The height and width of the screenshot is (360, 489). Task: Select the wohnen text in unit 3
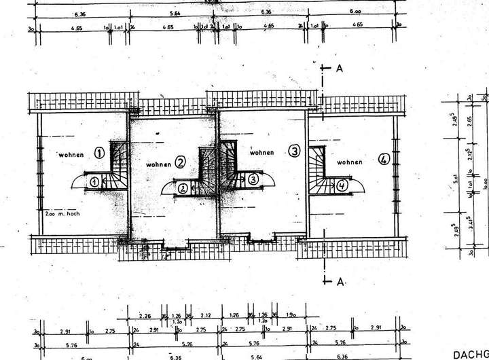(x=261, y=153)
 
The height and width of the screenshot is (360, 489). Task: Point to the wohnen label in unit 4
(x=348, y=162)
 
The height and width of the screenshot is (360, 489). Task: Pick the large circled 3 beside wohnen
(x=294, y=151)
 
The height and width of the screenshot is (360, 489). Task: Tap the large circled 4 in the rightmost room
(x=384, y=160)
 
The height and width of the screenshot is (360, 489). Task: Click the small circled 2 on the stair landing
(x=183, y=188)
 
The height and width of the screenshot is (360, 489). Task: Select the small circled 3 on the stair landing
(x=253, y=179)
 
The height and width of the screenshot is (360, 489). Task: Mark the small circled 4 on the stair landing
(x=342, y=184)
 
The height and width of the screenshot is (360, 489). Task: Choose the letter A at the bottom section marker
(x=338, y=280)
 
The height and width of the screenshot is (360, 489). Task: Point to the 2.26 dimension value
(x=144, y=315)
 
